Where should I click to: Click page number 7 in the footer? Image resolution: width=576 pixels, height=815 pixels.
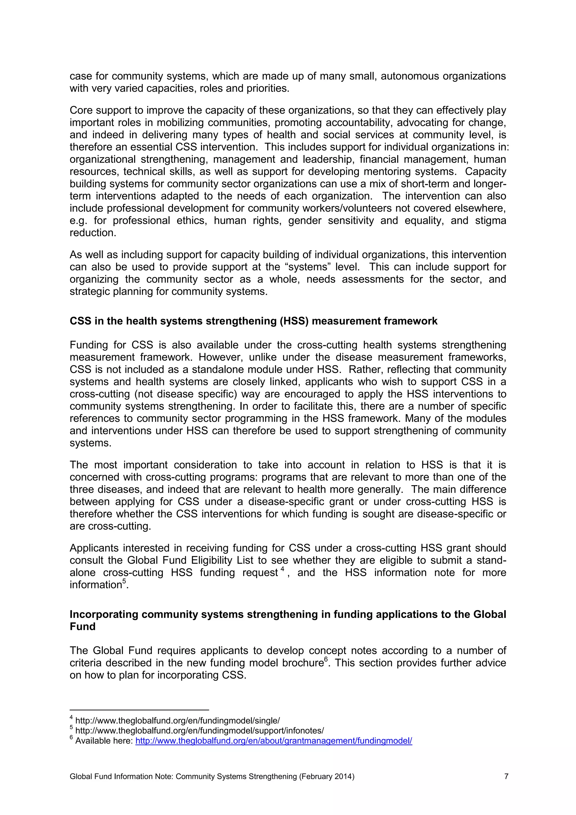[x=506, y=776]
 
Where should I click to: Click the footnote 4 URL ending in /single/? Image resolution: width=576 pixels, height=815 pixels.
[x=177, y=720]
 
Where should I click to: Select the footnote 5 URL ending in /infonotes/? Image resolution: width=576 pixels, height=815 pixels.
[x=199, y=731]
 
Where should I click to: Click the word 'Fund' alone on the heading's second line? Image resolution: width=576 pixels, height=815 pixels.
[x=82, y=626]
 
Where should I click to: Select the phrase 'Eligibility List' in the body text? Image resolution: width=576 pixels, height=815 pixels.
[x=222, y=560]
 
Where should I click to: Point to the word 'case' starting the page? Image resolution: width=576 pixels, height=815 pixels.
[x=80, y=76]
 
